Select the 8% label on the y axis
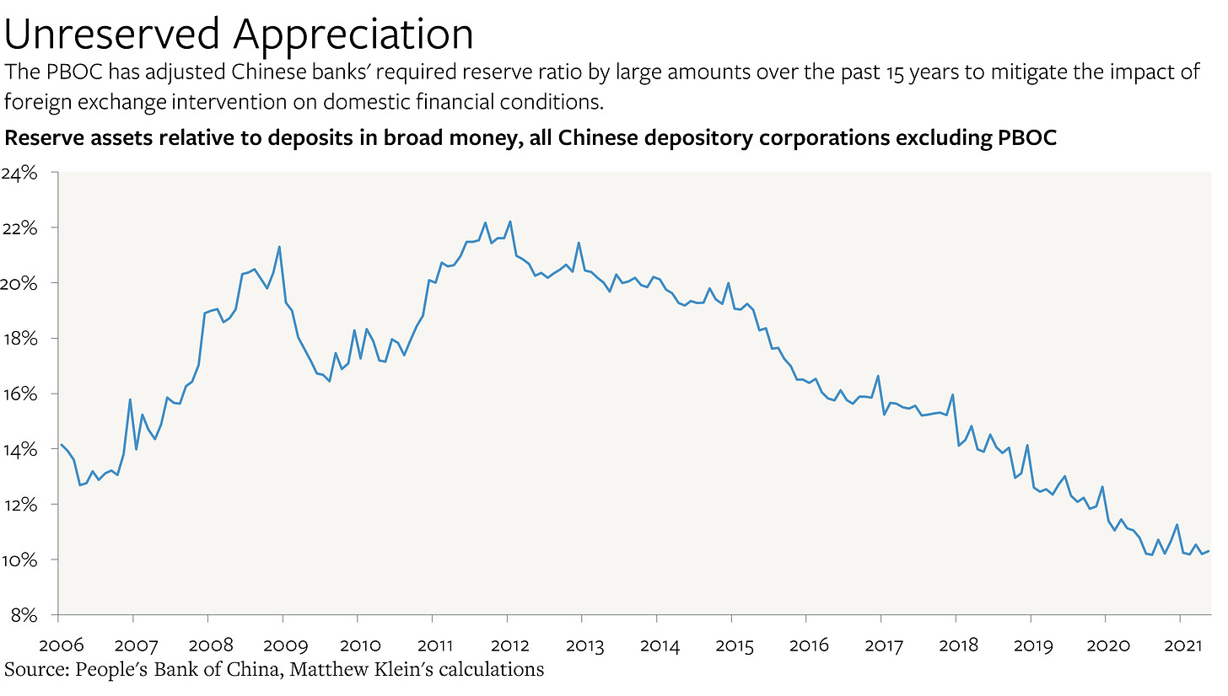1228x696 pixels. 25,615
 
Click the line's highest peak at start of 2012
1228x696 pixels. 510,222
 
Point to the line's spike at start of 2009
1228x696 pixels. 279,247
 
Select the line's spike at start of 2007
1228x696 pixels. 130,399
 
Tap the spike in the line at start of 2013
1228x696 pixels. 579,243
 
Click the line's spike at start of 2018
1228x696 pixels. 952,394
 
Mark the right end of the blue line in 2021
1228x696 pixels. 1210,551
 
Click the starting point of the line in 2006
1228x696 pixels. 60,444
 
